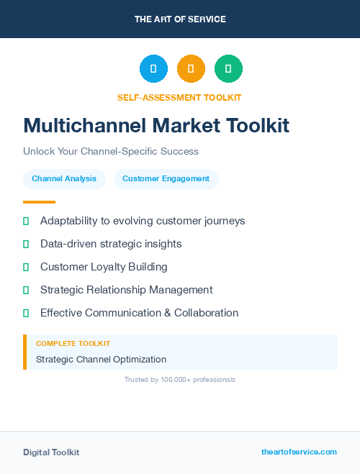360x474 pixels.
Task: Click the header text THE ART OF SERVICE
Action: pos(180,19)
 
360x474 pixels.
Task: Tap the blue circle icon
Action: pos(153,68)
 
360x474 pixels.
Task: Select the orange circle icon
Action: pos(191,68)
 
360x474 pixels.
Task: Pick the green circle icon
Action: pos(228,68)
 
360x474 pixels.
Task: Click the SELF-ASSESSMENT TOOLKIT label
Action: pos(179,97)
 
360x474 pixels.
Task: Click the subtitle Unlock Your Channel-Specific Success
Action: pos(111,152)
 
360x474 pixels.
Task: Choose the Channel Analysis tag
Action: pos(64,179)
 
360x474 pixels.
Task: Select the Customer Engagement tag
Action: pos(166,179)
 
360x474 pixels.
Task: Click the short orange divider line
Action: pos(39,202)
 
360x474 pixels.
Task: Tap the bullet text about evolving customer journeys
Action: pos(143,221)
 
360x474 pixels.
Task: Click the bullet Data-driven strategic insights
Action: pos(111,244)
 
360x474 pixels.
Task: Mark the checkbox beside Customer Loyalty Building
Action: pos(26,267)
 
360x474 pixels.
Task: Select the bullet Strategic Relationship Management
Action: pos(126,290)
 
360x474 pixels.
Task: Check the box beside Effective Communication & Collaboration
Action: pos(26,313)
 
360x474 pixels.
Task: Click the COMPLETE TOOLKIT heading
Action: pos(73,344)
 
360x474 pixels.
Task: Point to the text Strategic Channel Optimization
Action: pos(101,359)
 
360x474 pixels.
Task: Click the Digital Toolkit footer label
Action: pos(51,452)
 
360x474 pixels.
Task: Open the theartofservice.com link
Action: pos(299,452)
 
